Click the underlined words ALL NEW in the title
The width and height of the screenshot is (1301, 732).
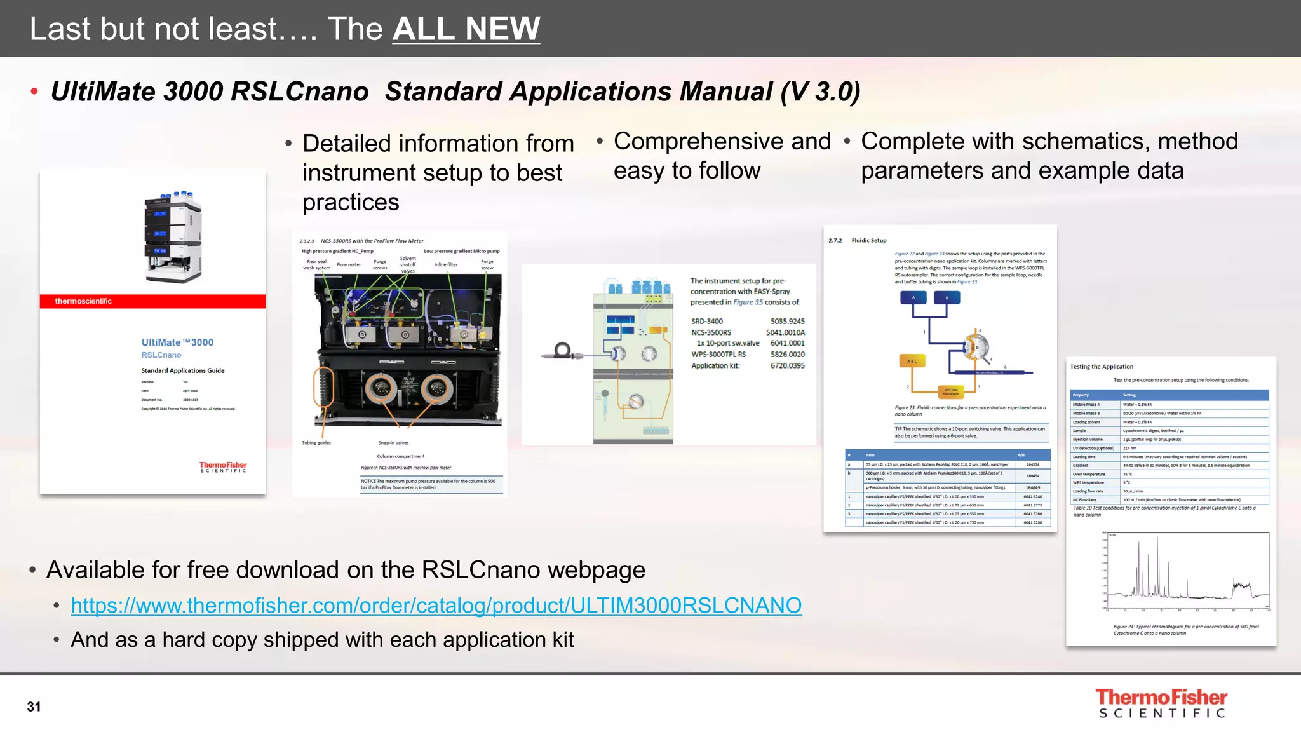click(466, 29)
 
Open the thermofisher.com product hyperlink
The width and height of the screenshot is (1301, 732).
click(436, 606)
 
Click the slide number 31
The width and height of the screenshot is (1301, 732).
click(34, 707)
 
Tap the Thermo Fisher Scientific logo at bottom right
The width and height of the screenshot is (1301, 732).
click(1161, 703)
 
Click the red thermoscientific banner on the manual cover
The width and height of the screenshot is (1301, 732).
click(152, 301)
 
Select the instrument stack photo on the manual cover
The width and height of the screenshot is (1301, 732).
click(173, 236)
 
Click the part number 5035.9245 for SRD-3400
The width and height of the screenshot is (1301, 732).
click(787, 322)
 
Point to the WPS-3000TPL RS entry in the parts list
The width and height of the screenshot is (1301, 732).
click(718, 355)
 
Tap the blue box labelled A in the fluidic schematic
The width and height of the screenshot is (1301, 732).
click(913, 297)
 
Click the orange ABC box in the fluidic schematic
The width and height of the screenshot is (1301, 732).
click(912, 361)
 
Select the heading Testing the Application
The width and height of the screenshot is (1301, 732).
click(1101, 367)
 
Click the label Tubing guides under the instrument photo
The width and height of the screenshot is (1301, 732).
click(316, 443)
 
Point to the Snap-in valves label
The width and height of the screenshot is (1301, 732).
click(393, 443)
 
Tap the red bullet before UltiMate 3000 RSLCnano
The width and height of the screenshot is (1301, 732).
click(34, 92)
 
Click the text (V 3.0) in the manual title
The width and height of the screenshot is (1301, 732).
click(820, 91)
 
